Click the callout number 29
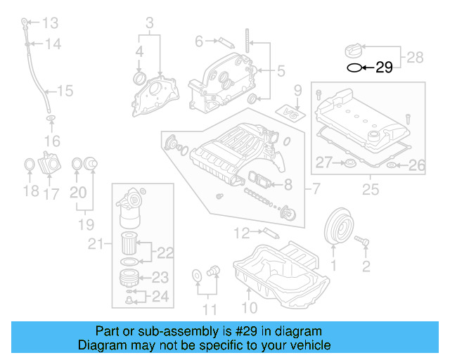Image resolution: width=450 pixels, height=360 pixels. point(384,68)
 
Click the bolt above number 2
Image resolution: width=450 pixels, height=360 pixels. point(364,241)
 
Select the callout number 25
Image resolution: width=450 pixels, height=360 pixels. point(369,190)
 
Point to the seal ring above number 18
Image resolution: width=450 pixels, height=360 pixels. point(30,165)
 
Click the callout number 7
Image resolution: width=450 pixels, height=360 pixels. point(315,188)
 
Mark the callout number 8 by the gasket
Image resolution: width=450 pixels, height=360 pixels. point(287,185)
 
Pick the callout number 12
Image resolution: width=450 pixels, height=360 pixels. point(242,232)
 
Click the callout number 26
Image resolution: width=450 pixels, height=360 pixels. point(417,166)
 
